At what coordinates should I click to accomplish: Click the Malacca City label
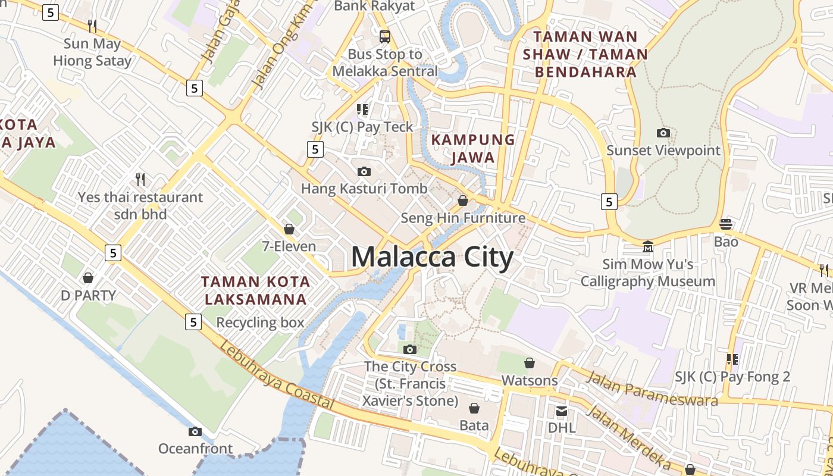click(x=433, y=257)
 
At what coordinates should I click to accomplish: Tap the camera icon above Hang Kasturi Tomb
click(x=364, y=172)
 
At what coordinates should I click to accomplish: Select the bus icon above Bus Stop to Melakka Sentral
click(x=385, y=37)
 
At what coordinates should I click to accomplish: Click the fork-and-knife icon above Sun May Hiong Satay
click(x=92, y=26)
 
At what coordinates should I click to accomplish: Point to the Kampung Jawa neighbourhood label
click(x=473, y=149)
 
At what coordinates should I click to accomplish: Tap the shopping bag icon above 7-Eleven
click(x=289, y=229)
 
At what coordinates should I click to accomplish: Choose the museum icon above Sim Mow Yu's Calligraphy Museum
click(x=648, y=246)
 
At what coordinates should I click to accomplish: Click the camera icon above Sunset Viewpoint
click(x=663, y=133)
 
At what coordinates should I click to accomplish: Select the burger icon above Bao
click(x=726, y=224)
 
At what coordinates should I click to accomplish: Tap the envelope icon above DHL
click(x=562, y=411)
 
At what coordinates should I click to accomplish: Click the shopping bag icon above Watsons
click(x=530, y=363)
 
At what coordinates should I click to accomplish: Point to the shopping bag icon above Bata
click(x=474, y=408)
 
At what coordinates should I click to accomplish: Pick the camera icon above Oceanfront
click(x=195, y=431)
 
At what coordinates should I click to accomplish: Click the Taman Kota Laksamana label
click(x=255, y=290)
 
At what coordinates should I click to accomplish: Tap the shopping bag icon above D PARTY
click(x=88, y=278)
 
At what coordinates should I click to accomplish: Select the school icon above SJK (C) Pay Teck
click(x=362, y=109)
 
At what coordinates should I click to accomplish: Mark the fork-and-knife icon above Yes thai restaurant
click(x=140, y=179)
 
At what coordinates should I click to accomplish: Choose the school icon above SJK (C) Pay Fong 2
click(x=732, y=359)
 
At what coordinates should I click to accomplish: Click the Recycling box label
click(x=260, y=323)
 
